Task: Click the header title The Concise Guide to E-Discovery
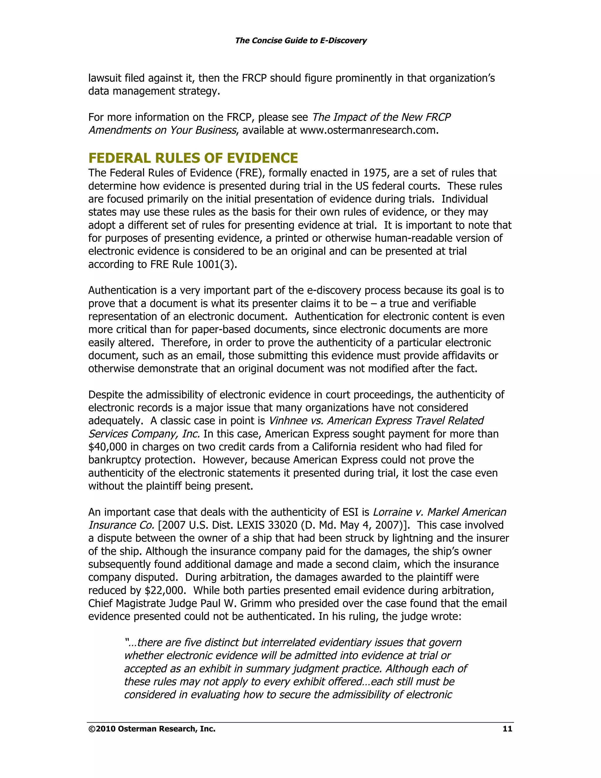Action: (x=300, y=41)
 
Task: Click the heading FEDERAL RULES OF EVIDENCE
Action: (x=193, y=158)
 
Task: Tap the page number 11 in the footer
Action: (x=507, y=729)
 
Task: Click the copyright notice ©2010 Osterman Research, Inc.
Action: (x=152, y=729)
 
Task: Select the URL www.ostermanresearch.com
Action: (x=369, y=130)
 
